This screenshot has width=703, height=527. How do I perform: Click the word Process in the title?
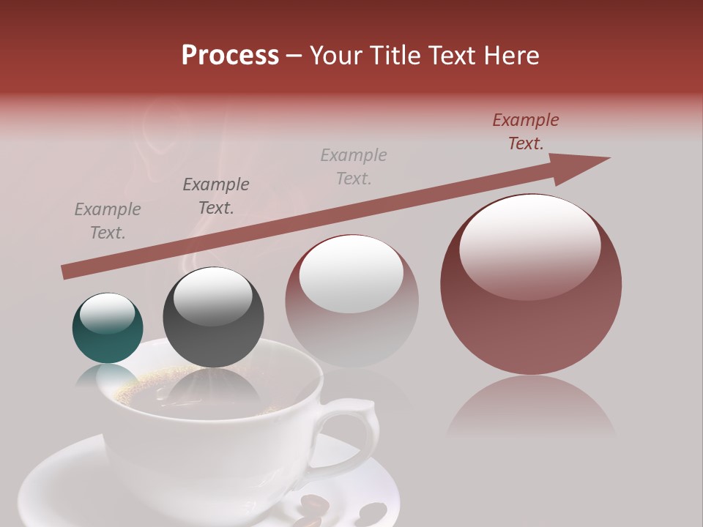(x=230, y=56)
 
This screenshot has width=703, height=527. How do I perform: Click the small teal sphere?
(x=108, y=329)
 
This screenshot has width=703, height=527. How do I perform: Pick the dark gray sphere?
(x=213, y=318)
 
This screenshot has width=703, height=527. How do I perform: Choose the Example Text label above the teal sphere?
(x=108, y=221)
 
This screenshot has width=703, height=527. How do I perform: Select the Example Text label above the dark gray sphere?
(x=215, y=196)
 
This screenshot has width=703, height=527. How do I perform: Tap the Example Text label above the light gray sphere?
(x=354, y=166)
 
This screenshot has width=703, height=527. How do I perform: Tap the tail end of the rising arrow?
(x=68, y=272)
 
